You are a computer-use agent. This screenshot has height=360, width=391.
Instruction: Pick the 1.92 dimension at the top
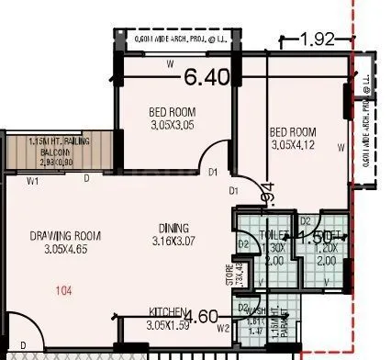(x=318, y=40)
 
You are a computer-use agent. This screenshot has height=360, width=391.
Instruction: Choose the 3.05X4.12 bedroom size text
(x=292, y=145)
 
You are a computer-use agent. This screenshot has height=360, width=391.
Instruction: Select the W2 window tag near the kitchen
(x=223, y=328)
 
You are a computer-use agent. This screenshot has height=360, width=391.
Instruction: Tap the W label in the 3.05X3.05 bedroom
(x=172, y=65)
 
